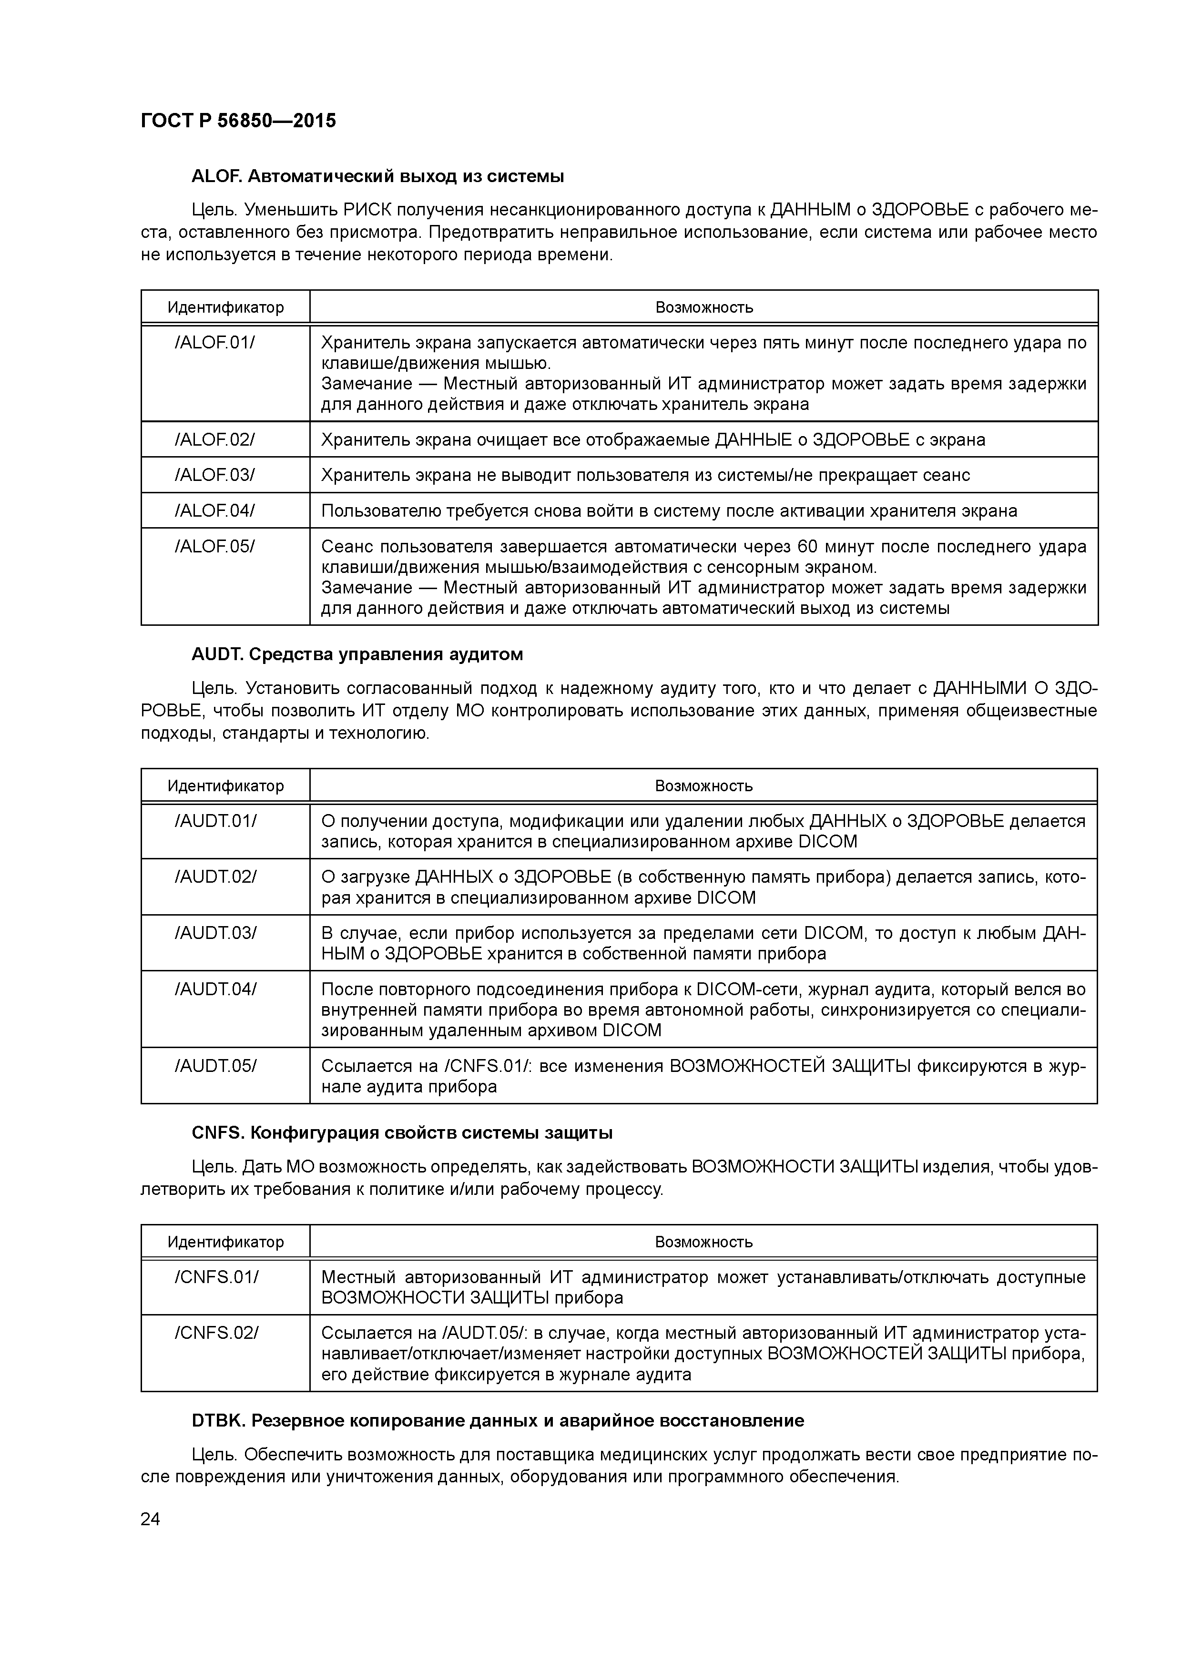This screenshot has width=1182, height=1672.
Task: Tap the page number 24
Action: coord(150,1519)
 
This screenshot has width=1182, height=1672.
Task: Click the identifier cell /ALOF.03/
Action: coord(215,475)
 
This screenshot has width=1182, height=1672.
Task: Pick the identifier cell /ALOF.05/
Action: coord(215,546)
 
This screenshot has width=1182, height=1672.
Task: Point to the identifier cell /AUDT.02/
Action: coord(215,877)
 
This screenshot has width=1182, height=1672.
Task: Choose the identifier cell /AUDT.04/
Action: coord(215,989)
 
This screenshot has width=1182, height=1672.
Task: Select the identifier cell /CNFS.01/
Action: coord(216,1276)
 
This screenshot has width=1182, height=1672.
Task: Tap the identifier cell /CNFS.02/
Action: coord(216,1333)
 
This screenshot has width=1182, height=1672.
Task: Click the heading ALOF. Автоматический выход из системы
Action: coord(377,176)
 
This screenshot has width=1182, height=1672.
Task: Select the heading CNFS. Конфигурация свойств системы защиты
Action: coord(401,1132)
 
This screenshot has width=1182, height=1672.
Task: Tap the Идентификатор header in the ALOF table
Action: coord(226,307)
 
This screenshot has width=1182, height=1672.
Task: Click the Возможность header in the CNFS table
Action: coord(703,1242)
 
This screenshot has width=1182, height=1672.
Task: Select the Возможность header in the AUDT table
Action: coord(703,786)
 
